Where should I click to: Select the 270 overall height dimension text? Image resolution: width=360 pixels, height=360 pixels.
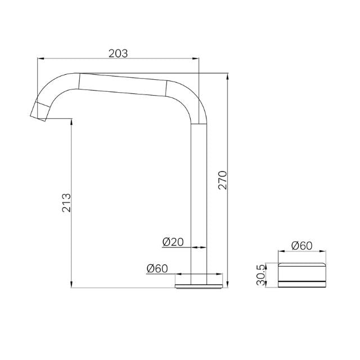coord(222,179)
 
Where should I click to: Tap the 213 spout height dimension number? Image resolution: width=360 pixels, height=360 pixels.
coord(66,202)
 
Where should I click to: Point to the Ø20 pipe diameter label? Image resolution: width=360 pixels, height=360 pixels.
coord(173,242)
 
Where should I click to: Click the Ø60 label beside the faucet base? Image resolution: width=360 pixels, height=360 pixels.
coord(157,269)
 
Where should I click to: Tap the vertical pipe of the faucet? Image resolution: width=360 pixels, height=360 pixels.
coord(200,197)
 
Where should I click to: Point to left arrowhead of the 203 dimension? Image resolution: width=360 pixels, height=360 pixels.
coord(40,58)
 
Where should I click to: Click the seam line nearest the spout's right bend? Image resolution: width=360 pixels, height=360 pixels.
coord(168,88)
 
